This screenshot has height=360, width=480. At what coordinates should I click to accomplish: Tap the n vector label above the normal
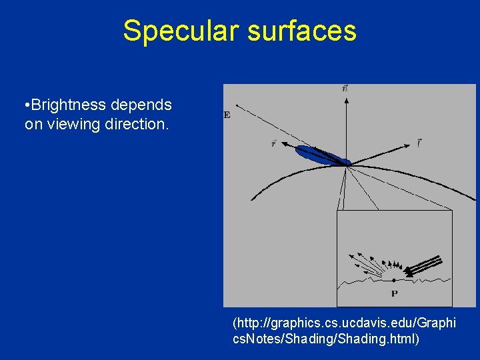pyautogui.click(x=345, y=88)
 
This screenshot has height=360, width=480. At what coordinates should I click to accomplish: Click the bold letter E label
pyautogui.click(x=227, y=115)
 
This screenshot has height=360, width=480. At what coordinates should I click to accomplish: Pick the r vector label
pyautogui.click(x=274, y=143)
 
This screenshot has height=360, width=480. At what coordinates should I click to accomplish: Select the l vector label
pyautogui.click(x=418, y=142)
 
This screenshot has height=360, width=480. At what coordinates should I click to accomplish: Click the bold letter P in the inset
pyautogui.click(x=395, y=293)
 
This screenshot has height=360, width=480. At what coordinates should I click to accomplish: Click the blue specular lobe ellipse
pyautogui.click(x=323, y=155)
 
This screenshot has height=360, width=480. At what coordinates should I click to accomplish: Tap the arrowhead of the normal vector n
pyautogui.click(x=346, y=100)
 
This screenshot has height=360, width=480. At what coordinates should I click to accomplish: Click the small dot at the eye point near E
pyautogui.click(x=237, y=106)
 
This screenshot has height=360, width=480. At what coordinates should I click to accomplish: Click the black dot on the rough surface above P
pyautogui.click(x=394, y=281)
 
